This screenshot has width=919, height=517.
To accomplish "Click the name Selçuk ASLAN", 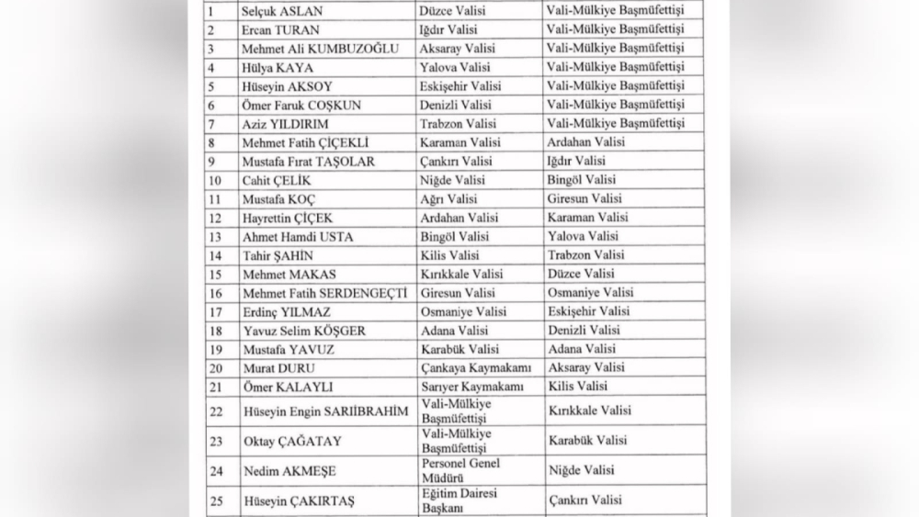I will [x=279, y=12].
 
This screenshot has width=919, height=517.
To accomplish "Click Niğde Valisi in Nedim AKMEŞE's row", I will [x=579, y=470].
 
